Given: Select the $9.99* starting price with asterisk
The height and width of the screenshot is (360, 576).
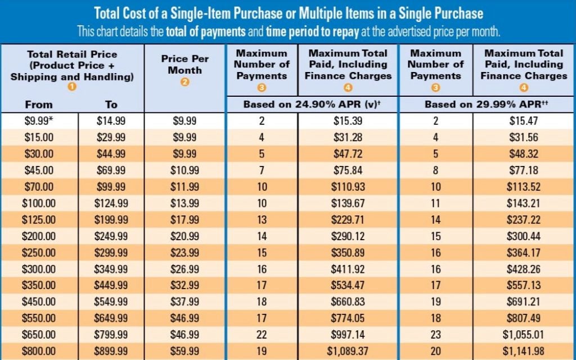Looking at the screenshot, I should [39, 121].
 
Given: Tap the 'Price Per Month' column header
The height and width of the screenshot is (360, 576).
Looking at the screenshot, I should [185, 64].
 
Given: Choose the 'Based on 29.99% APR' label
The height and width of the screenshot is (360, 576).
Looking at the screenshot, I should [487, 105].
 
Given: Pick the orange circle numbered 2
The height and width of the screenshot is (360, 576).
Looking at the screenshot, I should [185, 82].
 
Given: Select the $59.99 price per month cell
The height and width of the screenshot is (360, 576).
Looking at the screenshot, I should [185, 350].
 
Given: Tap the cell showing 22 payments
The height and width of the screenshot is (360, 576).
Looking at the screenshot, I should [262, 335].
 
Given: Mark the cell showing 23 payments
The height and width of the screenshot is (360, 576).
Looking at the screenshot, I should [435, 335].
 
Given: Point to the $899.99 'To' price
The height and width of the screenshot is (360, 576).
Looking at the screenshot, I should [111, 350].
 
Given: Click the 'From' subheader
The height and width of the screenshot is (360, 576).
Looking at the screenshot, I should [39, 105].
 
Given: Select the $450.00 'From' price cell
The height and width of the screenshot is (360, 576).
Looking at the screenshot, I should [39, 301].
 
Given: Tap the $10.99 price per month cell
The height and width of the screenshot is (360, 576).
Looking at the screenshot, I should [185, 170].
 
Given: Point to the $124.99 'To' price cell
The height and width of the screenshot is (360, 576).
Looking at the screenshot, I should [111, 203].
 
